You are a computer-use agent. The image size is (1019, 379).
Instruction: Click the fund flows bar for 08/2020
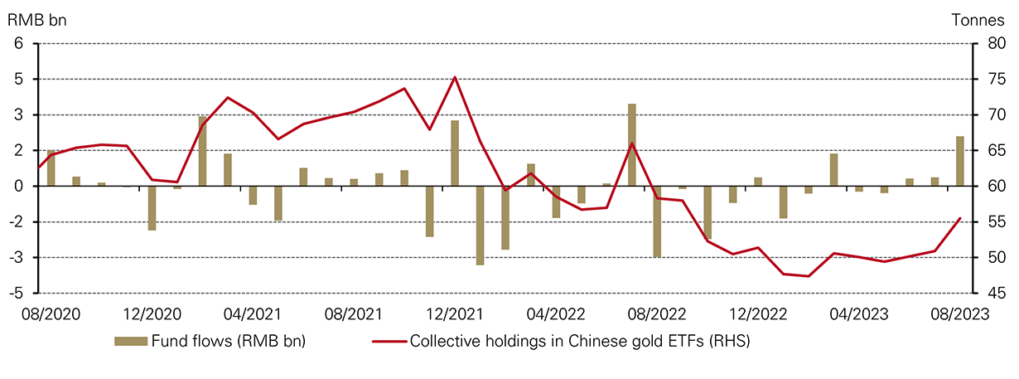click(51, 168)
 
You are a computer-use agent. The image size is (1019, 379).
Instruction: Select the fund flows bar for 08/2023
click(960, 161)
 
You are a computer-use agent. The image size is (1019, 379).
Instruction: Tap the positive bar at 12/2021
click(455, 153)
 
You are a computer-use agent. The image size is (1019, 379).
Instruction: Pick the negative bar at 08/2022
click(657, 221)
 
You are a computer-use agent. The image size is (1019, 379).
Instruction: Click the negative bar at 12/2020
click(152, 207)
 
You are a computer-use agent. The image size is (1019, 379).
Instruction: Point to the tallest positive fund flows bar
click(632, 145)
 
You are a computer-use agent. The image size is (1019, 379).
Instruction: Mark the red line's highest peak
click(455, 77)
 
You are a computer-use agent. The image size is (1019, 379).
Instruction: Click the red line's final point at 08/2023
click(960, 218)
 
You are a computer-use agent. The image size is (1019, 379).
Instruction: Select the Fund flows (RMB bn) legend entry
click(210, 341)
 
